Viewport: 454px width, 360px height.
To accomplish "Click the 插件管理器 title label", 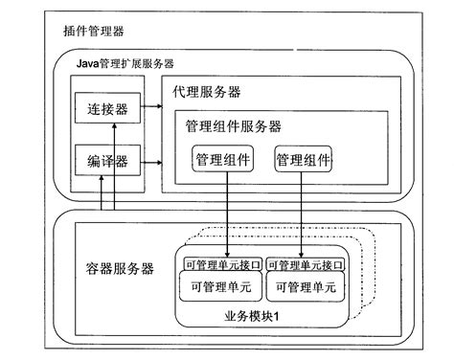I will [x=92, y=33].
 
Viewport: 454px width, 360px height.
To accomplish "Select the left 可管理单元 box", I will [x=221, y=285].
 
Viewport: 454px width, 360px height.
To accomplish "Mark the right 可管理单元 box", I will [x=304, y=285].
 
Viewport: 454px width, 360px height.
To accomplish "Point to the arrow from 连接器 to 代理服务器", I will [x=148, y=111].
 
